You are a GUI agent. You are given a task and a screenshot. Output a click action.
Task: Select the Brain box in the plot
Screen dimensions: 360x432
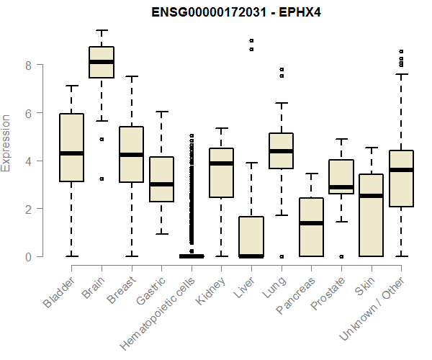pyautogui.click(x=102, y=62)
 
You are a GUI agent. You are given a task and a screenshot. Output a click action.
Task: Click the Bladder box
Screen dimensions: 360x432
pyautogui.click(x=71, y=148)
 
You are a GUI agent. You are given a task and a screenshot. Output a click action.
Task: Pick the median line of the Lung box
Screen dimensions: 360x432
pyautogui.click(x=281, y=151)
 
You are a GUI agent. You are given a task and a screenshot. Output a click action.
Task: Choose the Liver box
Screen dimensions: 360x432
pyautogui.click(x=251, y=236)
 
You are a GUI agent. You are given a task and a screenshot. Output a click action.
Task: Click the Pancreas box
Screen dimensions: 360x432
pyautogui.click(x=311, y=227)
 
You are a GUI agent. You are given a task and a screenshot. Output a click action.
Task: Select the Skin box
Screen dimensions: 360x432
pyautogui.click(x=371, y=215)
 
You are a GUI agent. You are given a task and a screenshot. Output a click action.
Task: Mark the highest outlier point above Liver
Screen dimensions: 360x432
pyautogui.click(x=251, y=41)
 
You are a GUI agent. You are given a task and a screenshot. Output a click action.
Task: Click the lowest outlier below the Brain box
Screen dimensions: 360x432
pyautogui.click(x=102, y=179)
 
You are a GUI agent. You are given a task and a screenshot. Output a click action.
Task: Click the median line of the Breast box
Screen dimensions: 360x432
pyautogui.click(x=131, y=155)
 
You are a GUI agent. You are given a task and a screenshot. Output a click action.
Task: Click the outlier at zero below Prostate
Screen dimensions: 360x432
pyautogui.click(x=341, y=256)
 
